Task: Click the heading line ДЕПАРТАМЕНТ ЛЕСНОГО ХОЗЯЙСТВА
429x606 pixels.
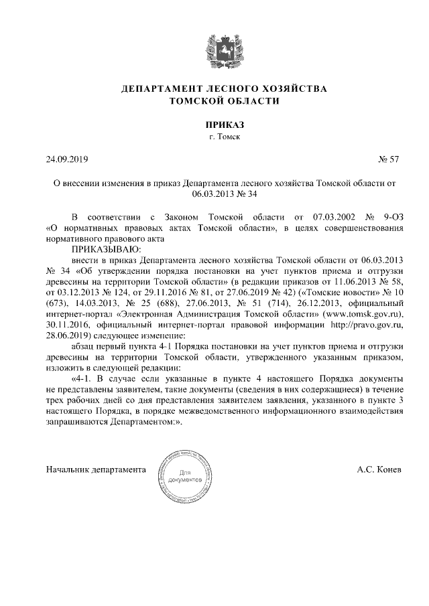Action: tap(214, 88)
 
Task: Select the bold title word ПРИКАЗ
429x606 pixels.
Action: tap(214, 125)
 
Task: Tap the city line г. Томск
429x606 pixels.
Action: tap(214, 137)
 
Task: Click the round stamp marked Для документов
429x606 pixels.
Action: tap(185, 479)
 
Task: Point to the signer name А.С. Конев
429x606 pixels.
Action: tap(379, 469)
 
